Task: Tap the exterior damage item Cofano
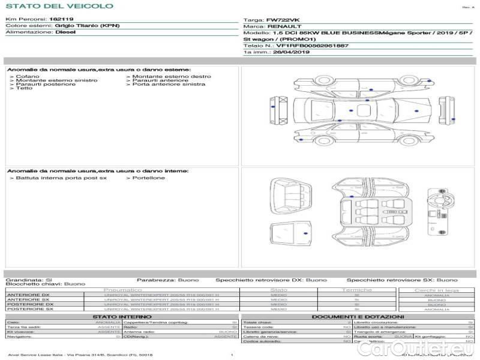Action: point(28,76)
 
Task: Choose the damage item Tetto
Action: point(25,88)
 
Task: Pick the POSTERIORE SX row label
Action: point(29,309)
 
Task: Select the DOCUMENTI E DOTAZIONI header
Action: point(358,316)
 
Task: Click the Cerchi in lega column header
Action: point(436,290)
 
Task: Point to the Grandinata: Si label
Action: point(29,280)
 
